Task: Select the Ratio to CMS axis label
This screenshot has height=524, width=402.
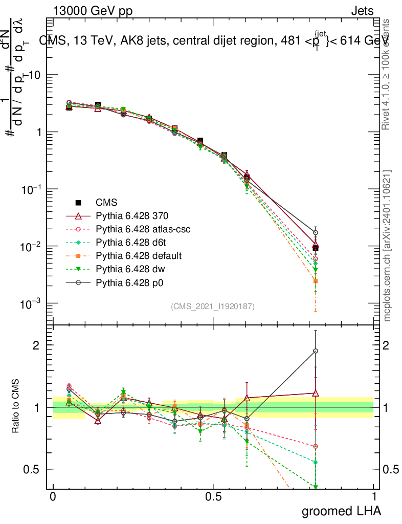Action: point(16,407)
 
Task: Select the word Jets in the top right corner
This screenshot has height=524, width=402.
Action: point(362,11)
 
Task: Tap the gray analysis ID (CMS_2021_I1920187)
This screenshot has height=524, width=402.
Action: point(213,307)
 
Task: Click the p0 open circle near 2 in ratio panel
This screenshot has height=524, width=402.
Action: point(316,351)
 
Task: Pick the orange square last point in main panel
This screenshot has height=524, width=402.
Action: point(316,281)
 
